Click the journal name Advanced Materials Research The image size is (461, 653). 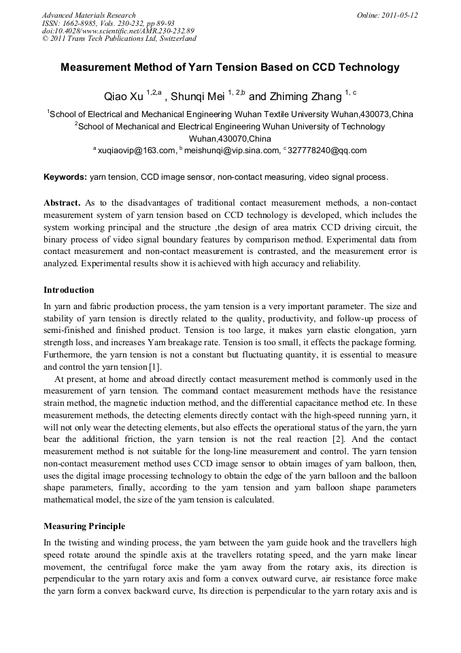[88, 14]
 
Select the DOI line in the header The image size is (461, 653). [118, 31]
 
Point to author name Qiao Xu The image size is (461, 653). [123, 97]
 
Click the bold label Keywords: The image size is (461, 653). [65, 177]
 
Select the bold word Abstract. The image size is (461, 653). [62, 204]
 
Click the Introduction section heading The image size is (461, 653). [69, 290]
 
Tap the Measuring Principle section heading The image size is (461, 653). [84, 526]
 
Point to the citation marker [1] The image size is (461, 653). [154, 367]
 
